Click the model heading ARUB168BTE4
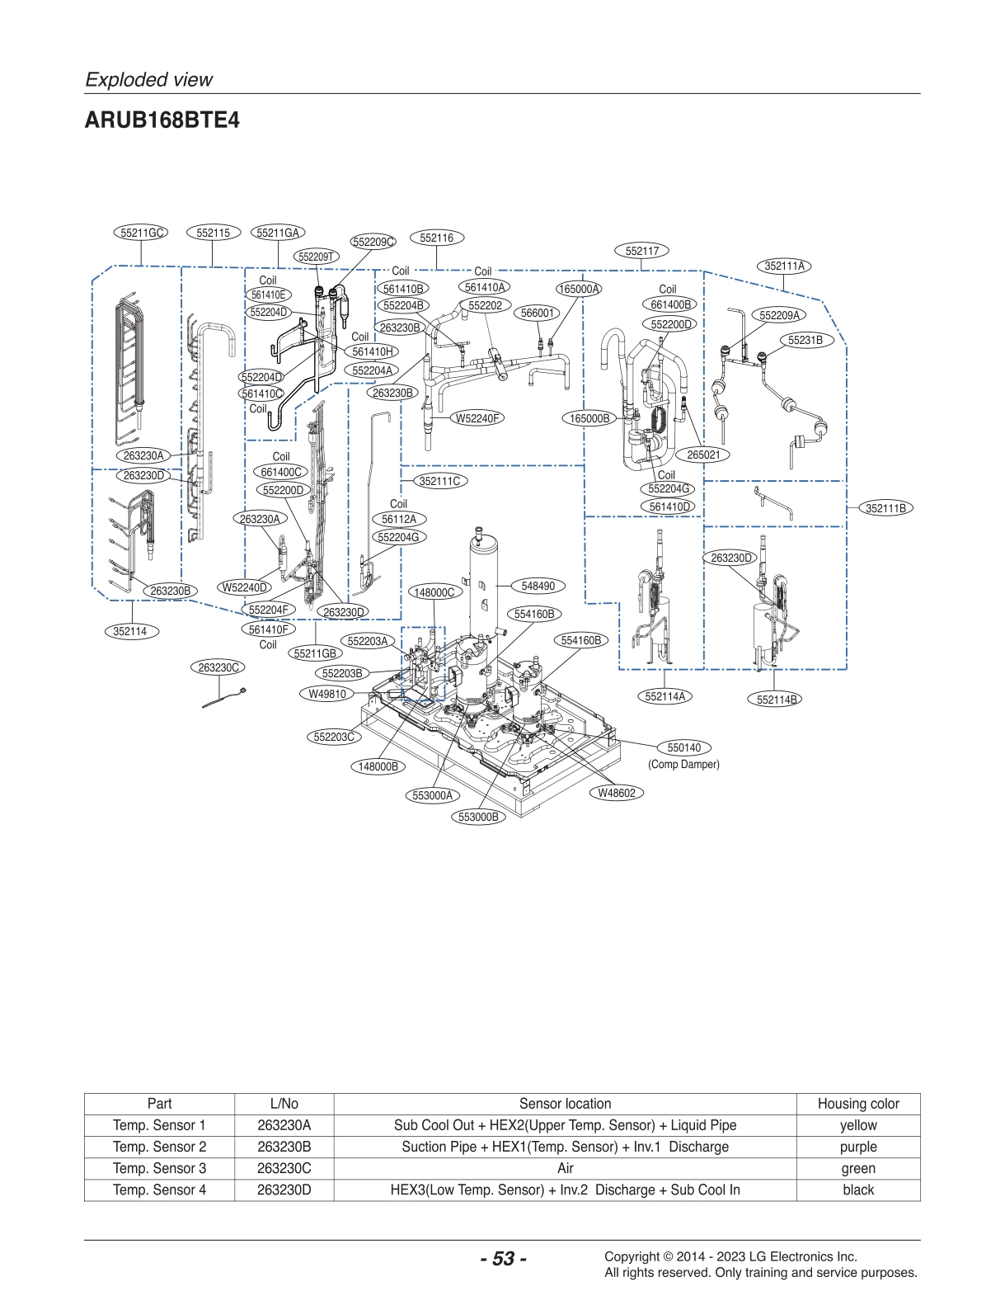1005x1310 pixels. [162, 120]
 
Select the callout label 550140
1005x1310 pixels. [683, 747]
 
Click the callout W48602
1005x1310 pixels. [617, 793]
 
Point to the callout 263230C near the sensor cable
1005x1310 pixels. [218, 667]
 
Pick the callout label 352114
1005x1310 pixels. [129, 631]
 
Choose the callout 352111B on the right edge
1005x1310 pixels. [885, 508]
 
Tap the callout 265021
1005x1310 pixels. [703, 455]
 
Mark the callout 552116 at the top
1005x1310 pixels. [436, 238]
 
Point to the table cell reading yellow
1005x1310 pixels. [857, 1125]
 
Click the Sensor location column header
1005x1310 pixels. [565, 1104]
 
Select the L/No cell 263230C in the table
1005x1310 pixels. [284, 1168]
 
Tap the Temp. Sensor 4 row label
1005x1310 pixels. [159, 1190]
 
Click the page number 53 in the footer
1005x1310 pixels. [503, 1259]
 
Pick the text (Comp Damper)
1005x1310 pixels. [683, 765]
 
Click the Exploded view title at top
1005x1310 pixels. [149, 79]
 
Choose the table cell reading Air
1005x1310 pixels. [565, 1168]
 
